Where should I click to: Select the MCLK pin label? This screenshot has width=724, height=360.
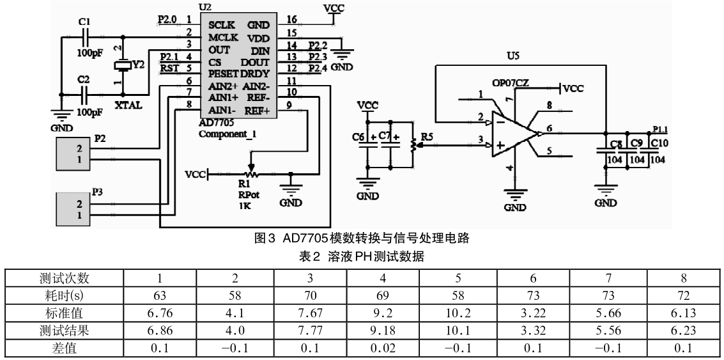tap(223, 38)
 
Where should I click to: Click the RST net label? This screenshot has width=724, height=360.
tap(169, 68)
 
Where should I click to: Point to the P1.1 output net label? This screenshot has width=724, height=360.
tap(662, 127)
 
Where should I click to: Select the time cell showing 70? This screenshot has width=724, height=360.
tap(310, 296)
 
